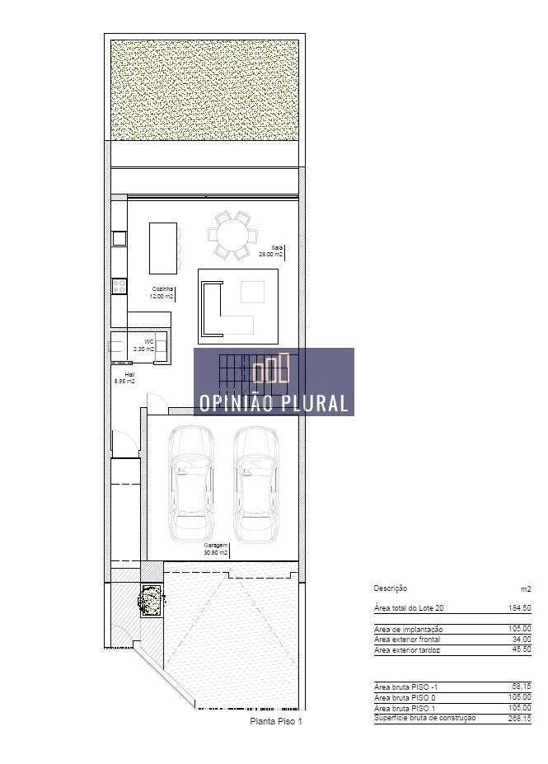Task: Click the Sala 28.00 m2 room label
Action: tap(271, 251)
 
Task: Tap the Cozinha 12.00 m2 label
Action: tap(162, 292)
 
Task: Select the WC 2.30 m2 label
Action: tap(145, 345)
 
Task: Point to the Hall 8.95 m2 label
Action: tap(124, 377)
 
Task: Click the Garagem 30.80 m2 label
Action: tap(216, 549)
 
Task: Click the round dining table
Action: tap(231, 236)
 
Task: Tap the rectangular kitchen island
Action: tap(162, 247)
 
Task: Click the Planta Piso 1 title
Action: tap(277, 721)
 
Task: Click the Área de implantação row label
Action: tap(408, 629)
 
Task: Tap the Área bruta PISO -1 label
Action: tap(407, 686)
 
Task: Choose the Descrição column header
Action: tap(390, 588)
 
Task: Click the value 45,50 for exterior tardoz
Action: tap(520, 650)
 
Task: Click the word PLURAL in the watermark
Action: tap(312, 404)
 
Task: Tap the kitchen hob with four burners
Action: tap(119, 287)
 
